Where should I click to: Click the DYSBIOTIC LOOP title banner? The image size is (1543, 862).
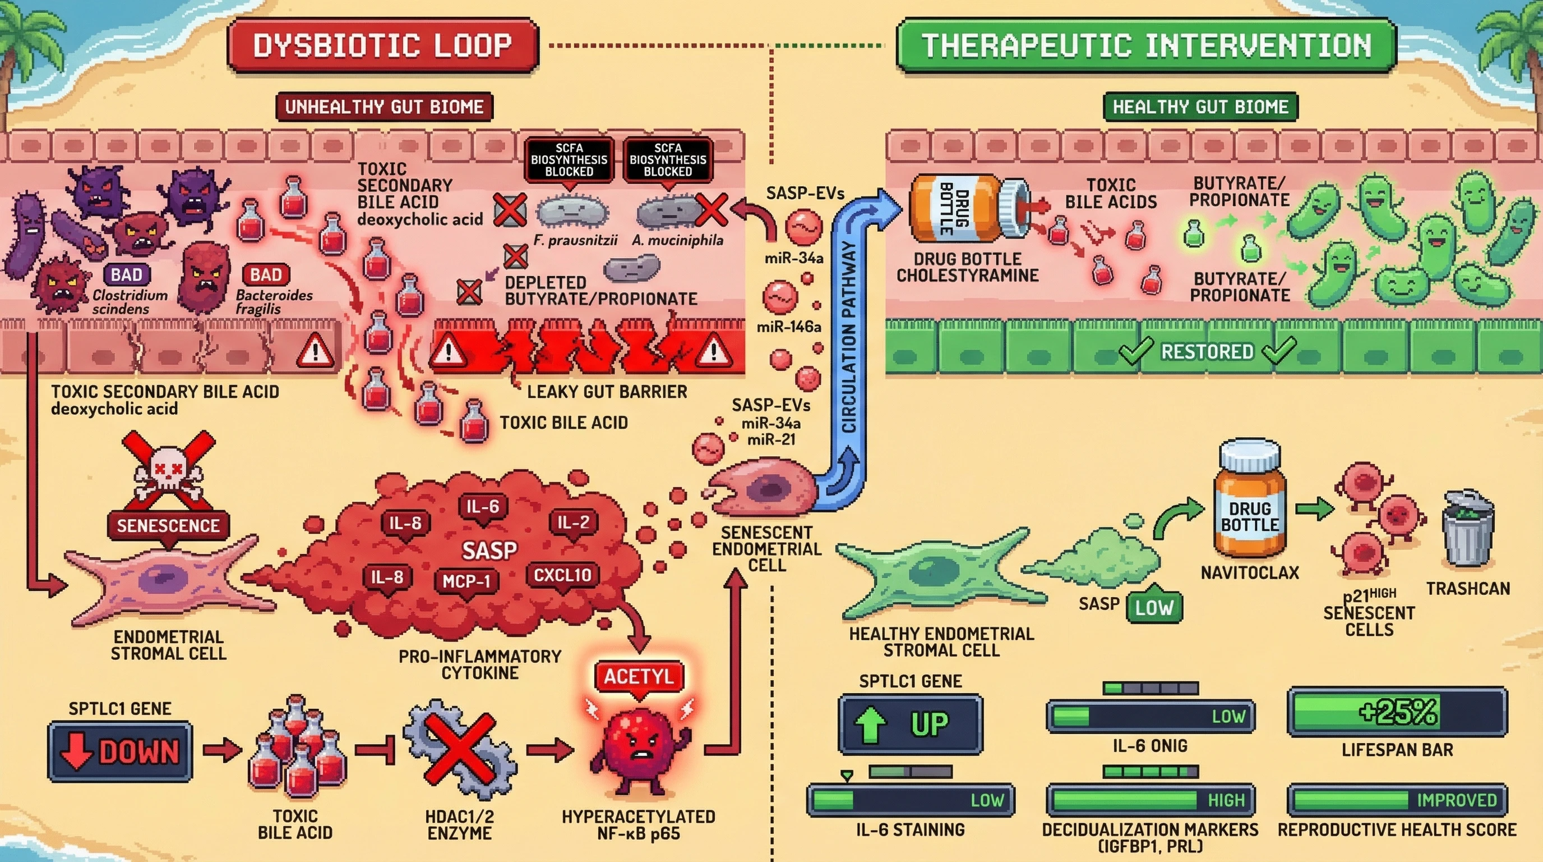tap(383, 45)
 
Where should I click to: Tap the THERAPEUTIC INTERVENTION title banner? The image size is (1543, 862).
tap(1146, 45)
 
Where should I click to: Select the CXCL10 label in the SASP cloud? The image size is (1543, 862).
tap(562, 575)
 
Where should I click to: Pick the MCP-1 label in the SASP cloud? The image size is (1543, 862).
tap(466, 581)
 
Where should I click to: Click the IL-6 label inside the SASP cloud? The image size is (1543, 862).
tap(482, 507)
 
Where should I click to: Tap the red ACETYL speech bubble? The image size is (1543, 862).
tap(639, 677)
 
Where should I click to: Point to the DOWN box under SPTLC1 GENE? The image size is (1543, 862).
tap(121, 751)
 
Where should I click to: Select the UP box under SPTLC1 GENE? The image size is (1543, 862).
tap(910, 724)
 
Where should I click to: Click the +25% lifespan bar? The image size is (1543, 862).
tap(1397, 712)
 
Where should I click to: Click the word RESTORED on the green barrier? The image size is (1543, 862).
tap(1207, 351)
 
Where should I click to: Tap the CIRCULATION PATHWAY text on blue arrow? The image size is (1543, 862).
tap(849, 336)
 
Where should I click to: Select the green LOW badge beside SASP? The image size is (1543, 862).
tap(1154, 607)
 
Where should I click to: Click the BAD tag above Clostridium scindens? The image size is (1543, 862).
tap(127, 274)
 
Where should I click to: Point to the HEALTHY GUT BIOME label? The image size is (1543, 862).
tap(1200, 107)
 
